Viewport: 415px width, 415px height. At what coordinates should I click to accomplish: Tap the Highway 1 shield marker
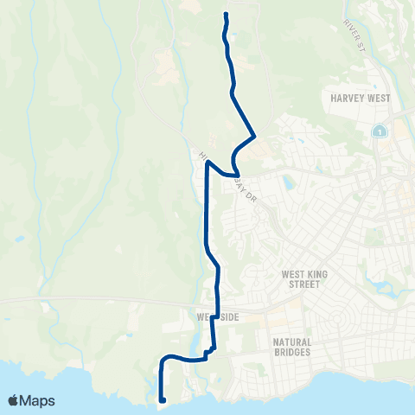(x=379, y=131)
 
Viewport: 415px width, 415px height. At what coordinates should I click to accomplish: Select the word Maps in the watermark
(x=39, y=400)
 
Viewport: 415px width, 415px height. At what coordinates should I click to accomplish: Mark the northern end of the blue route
(x=226, y=15)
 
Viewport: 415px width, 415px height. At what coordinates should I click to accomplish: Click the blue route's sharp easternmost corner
(x=254, y=136)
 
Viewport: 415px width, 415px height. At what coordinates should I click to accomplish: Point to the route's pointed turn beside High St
(x=207, y=162)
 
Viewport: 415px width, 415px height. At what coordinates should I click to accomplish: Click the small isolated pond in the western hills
(x=19, y=238)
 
